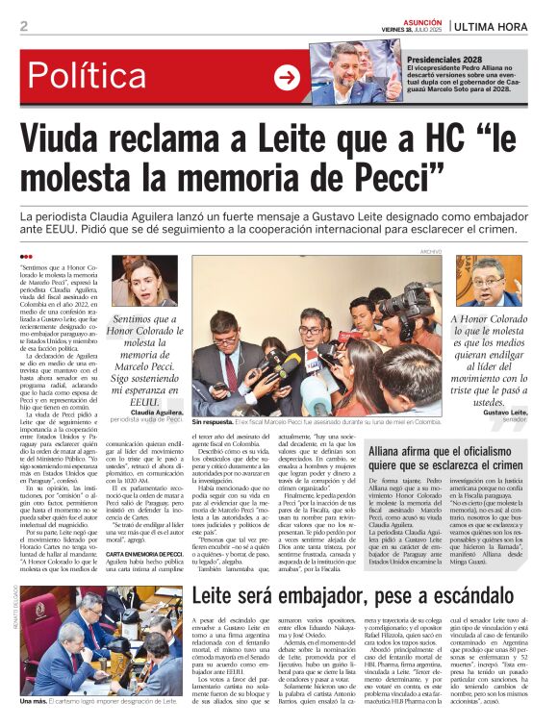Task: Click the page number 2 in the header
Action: click(23, 26)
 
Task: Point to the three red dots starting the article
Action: click(26, 257)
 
